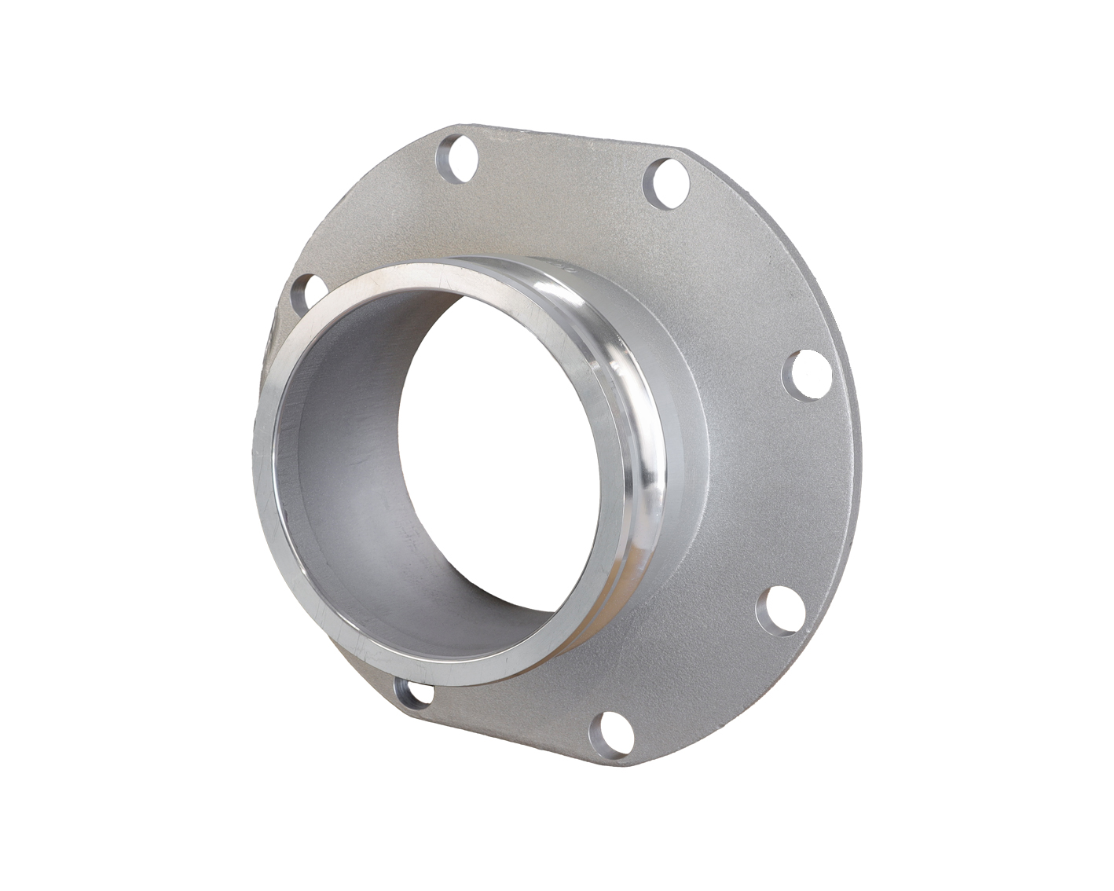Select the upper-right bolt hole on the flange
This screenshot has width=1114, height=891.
tap(666, 183)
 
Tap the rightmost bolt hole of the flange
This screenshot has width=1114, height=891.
tap(811, 376)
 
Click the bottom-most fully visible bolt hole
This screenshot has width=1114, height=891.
tap(611, 734)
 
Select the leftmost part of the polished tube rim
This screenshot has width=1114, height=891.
tap(262, 471)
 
